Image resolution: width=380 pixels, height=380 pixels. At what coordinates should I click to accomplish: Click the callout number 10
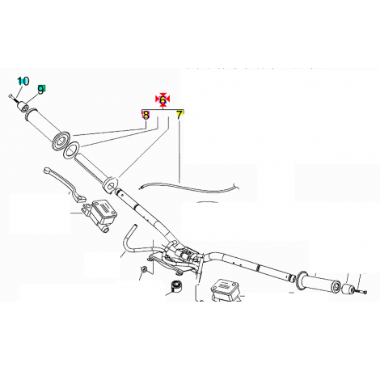pyautogui.click(x=23, y=81)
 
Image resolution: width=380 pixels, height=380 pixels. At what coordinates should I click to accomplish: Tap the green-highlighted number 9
pyautogui.click(x=41, y=90)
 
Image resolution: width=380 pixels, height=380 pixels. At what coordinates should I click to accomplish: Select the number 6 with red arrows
pyautogui.click(x=163, y=99)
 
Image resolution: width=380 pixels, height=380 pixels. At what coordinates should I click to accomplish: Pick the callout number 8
pyautogui.click(x=146, y=115)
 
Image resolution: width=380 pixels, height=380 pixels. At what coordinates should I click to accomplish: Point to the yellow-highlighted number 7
pyautogui.click(x=179, y=115)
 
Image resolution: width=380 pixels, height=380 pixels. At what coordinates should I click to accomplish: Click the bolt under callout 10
pyautogui.click(x=13, y=98)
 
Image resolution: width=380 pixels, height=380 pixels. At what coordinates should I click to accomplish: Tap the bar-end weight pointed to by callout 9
pyautogui.click(x=23, y=106)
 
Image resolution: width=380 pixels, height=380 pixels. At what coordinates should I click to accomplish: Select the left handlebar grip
pyautogui.click(x=48, y=128)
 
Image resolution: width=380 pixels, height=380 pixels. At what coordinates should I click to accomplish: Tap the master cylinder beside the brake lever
pyautogui.click(x=99, y=214)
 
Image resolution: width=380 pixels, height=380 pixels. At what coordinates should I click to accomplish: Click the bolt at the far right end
pyautogui.click(x=361, y=292)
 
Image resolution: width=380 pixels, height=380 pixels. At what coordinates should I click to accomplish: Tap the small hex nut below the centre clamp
pyautogui.click(x=144, y=268)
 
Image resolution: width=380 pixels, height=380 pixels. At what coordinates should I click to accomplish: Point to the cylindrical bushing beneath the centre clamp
pyautogui.click(x=175, y=286)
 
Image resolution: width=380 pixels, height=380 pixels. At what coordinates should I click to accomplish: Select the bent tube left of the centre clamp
pyautogui.click(x=129, y=239)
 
